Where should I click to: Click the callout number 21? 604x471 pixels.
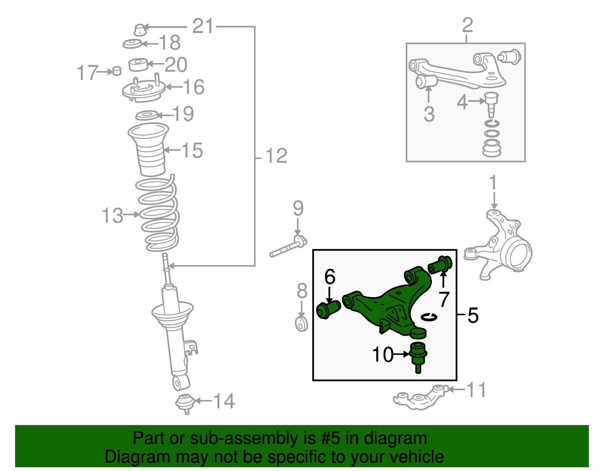(203, 26)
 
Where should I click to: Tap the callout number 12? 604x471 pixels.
(276, 156)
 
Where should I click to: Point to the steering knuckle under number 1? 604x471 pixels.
(498, 245)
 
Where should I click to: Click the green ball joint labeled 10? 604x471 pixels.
(418, 357)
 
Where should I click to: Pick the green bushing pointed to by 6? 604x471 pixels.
(328, 310)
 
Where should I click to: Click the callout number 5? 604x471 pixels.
(473, 315)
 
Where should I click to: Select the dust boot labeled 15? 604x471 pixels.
(149, 150)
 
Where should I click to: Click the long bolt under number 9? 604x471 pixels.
(288, 246)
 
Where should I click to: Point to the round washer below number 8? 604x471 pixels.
(301, 324)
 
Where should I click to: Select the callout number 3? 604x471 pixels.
(429, 114)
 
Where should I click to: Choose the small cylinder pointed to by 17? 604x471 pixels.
(117, 71)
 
